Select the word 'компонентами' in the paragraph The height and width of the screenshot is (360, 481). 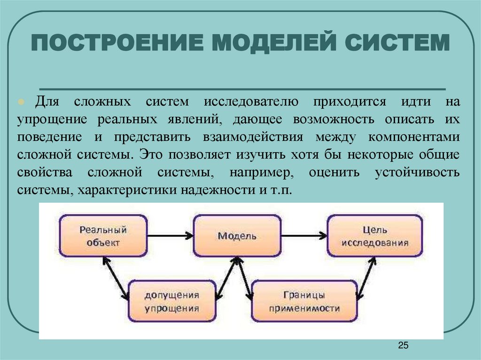[414, 137]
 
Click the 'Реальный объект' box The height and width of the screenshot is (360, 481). [103, 236]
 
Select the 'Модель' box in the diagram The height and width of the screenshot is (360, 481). [237, 236]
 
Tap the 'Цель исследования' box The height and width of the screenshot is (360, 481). [374, 236]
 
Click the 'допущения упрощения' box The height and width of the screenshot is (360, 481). [172, 301]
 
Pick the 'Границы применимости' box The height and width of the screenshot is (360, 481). [304, 301]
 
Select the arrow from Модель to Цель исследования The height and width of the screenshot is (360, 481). [304, 235]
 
